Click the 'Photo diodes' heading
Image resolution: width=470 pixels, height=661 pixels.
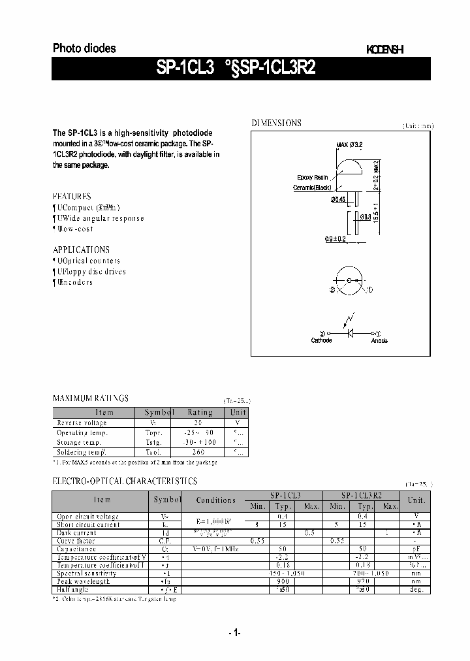(x=84, y=48)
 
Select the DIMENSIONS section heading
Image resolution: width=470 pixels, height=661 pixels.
(x=277, y=123)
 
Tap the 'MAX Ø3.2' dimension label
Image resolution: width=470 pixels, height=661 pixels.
(x=349, y=144)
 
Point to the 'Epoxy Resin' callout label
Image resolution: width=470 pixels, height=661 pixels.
(x=312, y=178)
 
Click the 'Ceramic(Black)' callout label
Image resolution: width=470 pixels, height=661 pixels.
(x=312, y=188)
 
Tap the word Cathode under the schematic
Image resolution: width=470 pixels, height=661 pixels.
(x=321, y=340)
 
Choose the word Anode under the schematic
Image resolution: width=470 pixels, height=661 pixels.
(x=379, y=340)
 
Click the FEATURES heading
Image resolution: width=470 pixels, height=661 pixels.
(x=72, y=196)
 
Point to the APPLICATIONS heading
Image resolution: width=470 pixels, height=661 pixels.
(x=81, y=250)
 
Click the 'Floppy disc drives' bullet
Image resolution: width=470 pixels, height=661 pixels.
(x=91, y=272)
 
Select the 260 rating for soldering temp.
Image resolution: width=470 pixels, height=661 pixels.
(x=198, y=452)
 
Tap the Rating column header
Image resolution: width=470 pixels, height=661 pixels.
(x=200, y=412)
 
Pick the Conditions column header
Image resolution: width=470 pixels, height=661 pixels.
(x=215, y=500)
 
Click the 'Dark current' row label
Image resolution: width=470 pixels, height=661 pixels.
(x=77, y=532)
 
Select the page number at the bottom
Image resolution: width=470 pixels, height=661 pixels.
(x=235, y=632)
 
